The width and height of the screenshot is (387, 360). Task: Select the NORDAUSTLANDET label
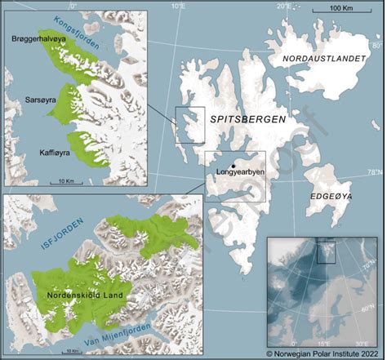point(323,59)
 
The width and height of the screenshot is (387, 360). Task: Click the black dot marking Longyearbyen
point(234,165)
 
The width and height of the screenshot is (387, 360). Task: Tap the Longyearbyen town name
point(238,173)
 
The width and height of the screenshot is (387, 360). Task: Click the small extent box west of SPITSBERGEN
point(190,124)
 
